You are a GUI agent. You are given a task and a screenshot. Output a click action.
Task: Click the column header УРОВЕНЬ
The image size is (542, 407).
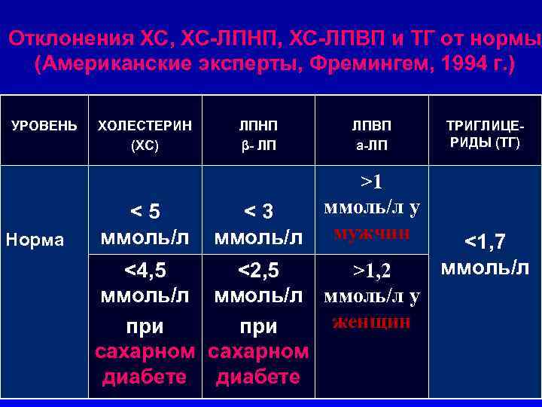(x=44, y=124)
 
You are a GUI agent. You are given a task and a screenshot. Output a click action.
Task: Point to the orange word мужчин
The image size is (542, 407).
(x=371, y=231)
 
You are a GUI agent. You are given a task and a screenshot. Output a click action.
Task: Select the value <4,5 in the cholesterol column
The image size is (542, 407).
(x=145, y=268)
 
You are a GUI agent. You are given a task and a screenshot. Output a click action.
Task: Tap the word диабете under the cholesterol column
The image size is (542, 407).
(x=145, y=377)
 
